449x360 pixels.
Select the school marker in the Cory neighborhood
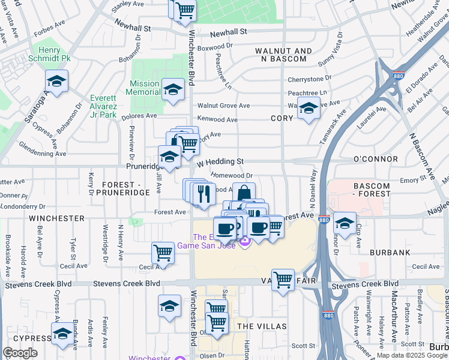309,110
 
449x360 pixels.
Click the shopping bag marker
244,193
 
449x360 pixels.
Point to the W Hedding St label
220,161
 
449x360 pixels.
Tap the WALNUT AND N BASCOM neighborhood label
283,55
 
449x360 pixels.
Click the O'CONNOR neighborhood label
376,159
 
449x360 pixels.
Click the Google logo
20,353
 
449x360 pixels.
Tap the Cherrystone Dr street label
310,79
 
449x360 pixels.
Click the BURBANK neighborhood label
390,253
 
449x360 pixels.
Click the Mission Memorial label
143,88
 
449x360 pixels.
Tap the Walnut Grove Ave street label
224,106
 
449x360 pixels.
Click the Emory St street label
412,179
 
